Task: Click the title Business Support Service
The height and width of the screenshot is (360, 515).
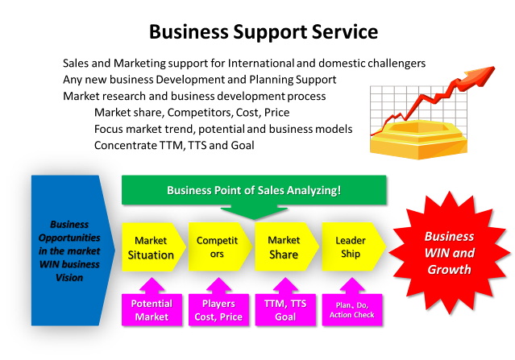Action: (x=262, y=32)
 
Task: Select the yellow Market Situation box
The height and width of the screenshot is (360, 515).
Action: (x=151, y=247)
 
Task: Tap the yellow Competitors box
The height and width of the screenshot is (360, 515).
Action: (x=217, y=247)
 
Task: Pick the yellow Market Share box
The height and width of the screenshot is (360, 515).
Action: (x=283, y=247)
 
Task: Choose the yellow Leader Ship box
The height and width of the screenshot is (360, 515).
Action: (x=349, y=247)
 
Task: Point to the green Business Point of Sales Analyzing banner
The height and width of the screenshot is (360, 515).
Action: (x=254, y=191)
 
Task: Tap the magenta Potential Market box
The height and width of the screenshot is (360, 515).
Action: (x=151, y=310)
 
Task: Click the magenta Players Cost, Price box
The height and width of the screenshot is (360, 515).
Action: (x=218, y=310)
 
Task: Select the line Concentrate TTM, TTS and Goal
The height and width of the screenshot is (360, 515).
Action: (x=173, y=146)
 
